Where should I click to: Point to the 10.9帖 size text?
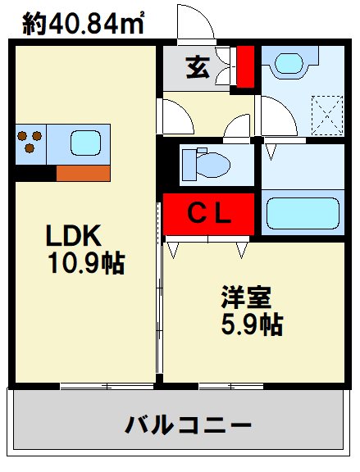pyautogui.click(x=84, y=263)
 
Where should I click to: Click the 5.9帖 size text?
pyautogui.click(x=252, y=324)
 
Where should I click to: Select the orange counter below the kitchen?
pyautogui.click(x=83, y=173)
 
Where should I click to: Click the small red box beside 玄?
pyautogui.click(x=244, y=67)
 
